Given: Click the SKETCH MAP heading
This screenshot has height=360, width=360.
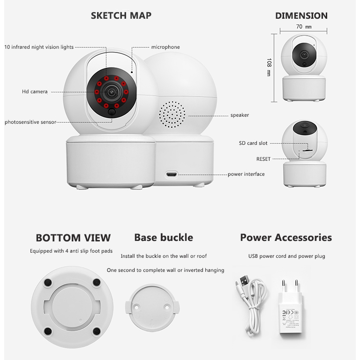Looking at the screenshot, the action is pyautogui.click(x=121, y=15).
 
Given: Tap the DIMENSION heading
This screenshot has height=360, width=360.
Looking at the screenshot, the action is pyautogui.click(x=301, y=16).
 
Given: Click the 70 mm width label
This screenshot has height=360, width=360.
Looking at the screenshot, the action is pyautogui.click(x=304, y=27).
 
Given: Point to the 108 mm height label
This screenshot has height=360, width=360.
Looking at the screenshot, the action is pyautogui.click(x=269, y=67).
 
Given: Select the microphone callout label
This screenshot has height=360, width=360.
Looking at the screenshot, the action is pyautogui.click(x=165, y=47).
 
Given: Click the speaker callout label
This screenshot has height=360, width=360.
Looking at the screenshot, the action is pyautogui.click(x=240, y=115).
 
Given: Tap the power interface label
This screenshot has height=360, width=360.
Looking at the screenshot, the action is pyautogui.click(x=246, y=174).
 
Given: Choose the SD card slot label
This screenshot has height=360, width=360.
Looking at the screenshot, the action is pyautogui.click(x=253, y=143).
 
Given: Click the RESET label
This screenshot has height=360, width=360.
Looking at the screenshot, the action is pyautogui.click(x=263, y=159).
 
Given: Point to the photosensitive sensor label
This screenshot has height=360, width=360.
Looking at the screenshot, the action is pyautogui.click(x=30, y=122).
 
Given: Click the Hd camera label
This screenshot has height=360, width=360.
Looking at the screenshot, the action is pyautogui.click(x=35, y=91).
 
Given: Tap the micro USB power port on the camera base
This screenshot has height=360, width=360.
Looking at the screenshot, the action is pyautogui.click(x=172, y=174).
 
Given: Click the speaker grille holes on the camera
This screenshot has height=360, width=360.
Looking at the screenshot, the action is pyautogui.click(x=172, y=114).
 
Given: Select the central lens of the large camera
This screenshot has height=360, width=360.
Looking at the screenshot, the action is pyautogui.click(x=112, y=92).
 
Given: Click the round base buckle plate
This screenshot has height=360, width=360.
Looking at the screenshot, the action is pyautogui.click(x=152, y=307).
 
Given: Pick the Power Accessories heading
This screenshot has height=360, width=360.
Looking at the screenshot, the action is pyautogui.click(x=286, y=237).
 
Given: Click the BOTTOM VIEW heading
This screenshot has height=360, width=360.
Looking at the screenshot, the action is pyautogui.click(x=73, y=238).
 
